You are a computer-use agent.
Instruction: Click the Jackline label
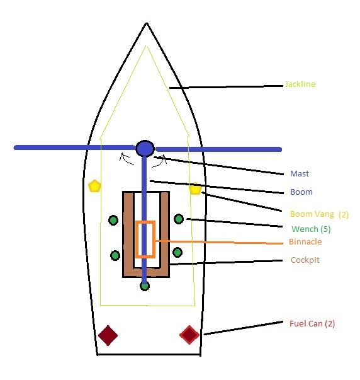(x=300, y=84)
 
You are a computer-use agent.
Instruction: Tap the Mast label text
(x=300, y=174)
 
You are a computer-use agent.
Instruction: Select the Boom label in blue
(x=301, y=192)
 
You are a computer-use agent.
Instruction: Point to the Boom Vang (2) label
(x=319, y=214)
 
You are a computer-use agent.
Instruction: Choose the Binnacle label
(x=305, y=242)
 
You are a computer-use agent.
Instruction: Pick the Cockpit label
(x=305, y=260)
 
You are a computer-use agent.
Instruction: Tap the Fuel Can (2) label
(x=312, y=323)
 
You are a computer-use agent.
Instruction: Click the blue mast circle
(x=145, y=148)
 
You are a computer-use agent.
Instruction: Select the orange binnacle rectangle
(x=145, y=239)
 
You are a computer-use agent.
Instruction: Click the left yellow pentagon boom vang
(x=94, y=186)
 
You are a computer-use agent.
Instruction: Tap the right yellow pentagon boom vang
(x=195, y=188)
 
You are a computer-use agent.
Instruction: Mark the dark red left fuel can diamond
(x=108, y=335)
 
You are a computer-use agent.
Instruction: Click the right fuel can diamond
(x=189, y=334)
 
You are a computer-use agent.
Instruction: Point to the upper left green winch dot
(x=113, y=220)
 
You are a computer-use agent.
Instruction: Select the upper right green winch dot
(x=179, y=219)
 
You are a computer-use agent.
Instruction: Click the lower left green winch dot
(x=115, y=255)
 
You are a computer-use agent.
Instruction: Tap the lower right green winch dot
(x=177, y=252)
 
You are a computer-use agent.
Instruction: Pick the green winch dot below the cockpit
(x=145, y=285)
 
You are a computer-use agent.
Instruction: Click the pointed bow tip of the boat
(x=147, y=25)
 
